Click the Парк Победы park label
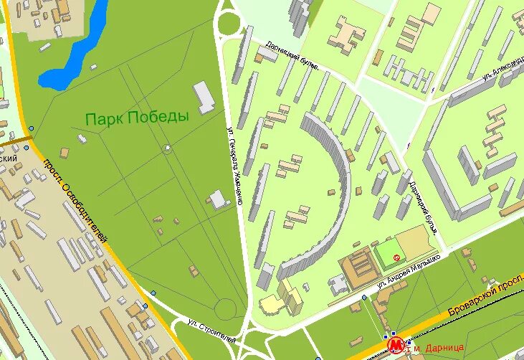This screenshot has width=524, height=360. [136, 117]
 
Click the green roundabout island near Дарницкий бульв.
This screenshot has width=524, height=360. [229, 24]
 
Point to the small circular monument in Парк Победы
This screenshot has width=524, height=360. [167, 149]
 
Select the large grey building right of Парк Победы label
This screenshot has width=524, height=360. [204, 97]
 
